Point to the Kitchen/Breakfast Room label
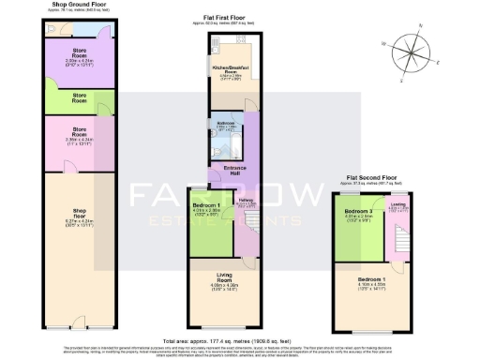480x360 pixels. click(230, 70)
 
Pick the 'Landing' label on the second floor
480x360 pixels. click(397, 205)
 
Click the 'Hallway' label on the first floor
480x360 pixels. click(246, 202)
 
